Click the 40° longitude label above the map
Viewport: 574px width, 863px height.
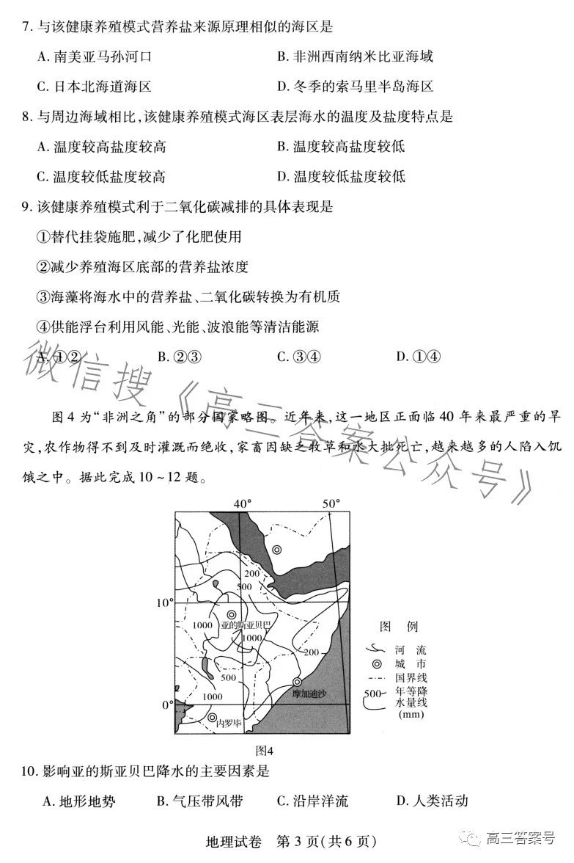coord(242,504)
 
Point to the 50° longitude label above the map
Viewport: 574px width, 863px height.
coord(332,504)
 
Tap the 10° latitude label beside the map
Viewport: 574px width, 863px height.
coord(163,602)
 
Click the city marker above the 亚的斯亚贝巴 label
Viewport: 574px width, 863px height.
coord(232,615)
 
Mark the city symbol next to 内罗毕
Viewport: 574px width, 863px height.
coord(213,718)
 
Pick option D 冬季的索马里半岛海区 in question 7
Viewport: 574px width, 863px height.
coord(356,87)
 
